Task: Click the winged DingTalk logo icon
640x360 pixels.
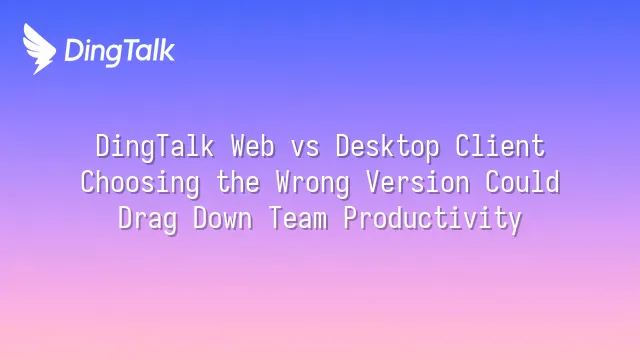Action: click(39, 49)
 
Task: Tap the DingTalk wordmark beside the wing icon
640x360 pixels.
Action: click(120, 51)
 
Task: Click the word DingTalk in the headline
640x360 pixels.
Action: click(155, 147)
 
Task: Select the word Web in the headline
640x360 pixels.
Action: click(253, 146)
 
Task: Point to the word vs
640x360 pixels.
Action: click(305, 149)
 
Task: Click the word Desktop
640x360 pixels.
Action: click(388, 147)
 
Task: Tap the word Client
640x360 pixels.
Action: click(500, 146)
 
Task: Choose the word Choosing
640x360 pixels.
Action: click(140, 183)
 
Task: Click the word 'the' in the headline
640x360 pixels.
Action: click(238, 182)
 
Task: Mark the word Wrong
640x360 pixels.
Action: click(313, 183)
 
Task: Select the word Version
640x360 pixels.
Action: click(418, 182)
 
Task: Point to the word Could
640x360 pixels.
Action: click(522, 182)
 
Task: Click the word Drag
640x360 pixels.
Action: click(148, 219)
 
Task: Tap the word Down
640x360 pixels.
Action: click(223, 219)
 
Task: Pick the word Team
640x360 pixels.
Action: click(298, 219)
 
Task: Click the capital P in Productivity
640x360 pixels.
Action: click(351, 218)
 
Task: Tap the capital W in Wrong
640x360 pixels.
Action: click(283, 182)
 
